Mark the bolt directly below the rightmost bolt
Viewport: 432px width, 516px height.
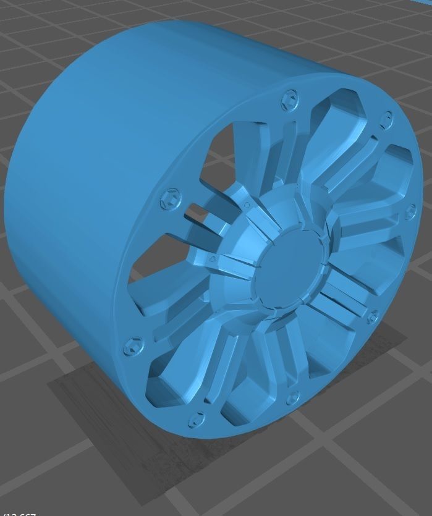click(x=372, y=317)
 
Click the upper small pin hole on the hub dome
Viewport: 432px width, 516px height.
click(x=247, y=205)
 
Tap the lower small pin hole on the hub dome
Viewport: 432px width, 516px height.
click(x=213, y=258)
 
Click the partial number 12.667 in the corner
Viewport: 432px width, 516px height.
click(x=19, y=513)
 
